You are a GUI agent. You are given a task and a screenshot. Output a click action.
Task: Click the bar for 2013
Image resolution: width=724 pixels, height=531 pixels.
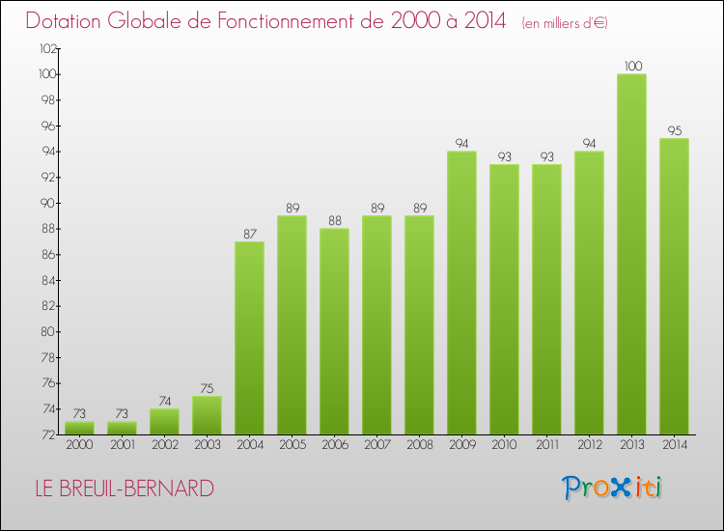coord(631,254)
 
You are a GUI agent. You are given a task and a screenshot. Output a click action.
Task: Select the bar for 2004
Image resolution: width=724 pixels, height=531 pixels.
coord(249,338)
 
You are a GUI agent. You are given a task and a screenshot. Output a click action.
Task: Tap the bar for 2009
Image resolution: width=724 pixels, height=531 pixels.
coord(461,293)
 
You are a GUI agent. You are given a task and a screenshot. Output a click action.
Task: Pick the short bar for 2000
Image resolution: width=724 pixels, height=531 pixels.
coord(79,428)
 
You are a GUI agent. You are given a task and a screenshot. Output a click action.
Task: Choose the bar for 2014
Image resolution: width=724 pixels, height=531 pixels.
coord(674,286)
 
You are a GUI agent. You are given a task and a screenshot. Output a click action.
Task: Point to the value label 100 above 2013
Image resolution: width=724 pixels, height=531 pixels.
coord(631,66)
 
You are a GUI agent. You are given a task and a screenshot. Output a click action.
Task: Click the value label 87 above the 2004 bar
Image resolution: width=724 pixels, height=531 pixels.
coord(249,234)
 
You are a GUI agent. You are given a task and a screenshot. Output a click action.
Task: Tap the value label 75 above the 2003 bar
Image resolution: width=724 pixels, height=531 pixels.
coord(207,388)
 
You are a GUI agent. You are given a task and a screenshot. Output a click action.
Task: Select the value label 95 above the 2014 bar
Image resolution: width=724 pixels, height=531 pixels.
coord(674,130)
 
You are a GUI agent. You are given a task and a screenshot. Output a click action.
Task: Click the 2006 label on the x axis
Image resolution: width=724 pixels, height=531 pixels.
coord(334,445)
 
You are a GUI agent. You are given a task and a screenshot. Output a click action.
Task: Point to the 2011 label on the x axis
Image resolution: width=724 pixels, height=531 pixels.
coord(546,445)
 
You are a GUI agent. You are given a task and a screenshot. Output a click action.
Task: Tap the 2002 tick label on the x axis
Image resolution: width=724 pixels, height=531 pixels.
coord(164,445)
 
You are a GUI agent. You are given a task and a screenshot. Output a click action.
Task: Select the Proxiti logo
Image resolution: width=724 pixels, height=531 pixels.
coord(613,488)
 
